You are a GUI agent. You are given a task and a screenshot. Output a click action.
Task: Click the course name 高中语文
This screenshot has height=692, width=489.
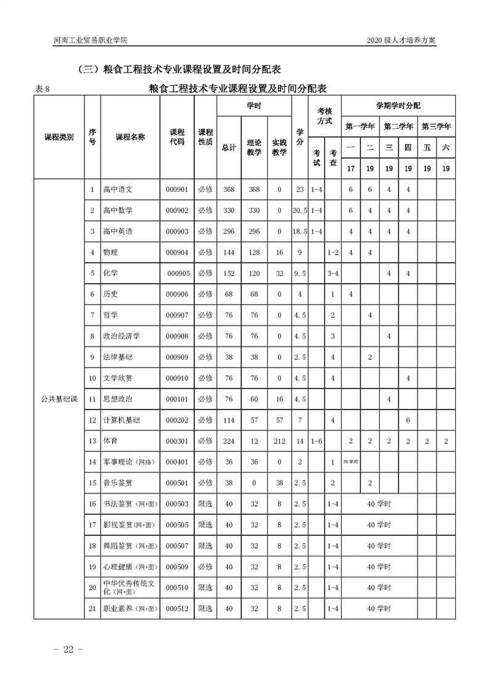pyautogui.click(x=118, y=189)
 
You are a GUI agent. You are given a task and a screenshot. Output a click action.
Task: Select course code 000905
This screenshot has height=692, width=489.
pyautogui.click(x=178, y=273)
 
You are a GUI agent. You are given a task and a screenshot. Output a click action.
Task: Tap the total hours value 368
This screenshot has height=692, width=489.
pyautogui.click(x=229, y=189)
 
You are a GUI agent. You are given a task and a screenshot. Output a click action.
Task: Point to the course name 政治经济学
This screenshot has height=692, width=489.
pyautogui.click(x=121, y=336)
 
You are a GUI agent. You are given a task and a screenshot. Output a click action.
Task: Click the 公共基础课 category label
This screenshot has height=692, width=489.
pyautogui.click(x=59, y=399)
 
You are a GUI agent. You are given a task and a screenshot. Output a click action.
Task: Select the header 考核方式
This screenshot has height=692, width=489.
pyautogui.click(x=324, y=116)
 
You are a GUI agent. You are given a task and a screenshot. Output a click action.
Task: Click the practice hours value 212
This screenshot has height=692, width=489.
pyautogui.click(x=279, y=441)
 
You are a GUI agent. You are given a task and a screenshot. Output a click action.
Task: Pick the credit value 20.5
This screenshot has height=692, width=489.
pyautogui.click(x=300, y=210)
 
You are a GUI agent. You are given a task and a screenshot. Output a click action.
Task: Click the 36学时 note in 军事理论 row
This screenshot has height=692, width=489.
pyautogui.click(x=350, y=461)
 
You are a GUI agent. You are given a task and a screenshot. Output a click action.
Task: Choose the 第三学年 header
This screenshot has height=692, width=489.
pyautogui.click(x=436, y=126)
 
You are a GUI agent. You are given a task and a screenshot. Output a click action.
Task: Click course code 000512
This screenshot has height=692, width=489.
pyautogui.click(x=178, y=609)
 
